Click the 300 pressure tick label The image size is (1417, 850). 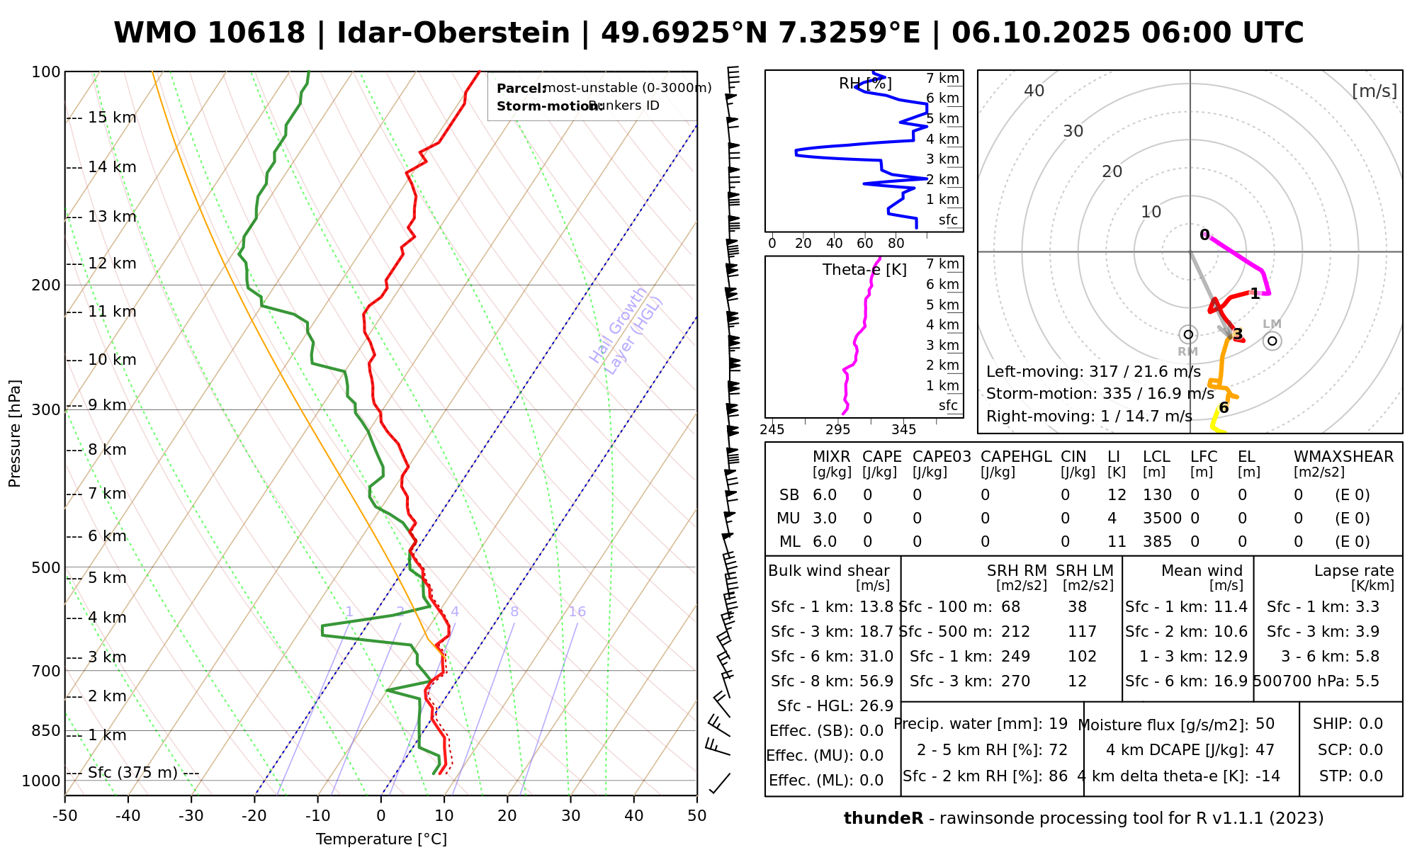coord(47,410)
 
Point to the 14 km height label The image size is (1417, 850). coord(112,167)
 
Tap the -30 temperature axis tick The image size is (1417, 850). coord(191,816)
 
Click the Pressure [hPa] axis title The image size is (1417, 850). coord(15,433)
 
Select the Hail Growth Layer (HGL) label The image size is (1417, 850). coord(626,330)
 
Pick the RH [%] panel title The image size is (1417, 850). coord(865,84)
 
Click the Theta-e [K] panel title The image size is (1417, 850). coord(864,270)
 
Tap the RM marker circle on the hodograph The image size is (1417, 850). coord(1188,334)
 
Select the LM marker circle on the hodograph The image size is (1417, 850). coord(1272,341)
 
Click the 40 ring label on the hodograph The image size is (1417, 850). coord(1034,91)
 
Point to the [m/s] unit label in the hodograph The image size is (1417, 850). coord(1374,91)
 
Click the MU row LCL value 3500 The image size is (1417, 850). coord(1162,518)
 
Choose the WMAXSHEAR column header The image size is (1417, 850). coord(1343,457)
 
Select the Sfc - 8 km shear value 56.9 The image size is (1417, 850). coord(876,681)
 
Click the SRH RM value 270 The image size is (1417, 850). coord(1015,681)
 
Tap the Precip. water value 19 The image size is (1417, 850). coord(1058,724)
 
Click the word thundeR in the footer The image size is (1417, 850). coord(883,819)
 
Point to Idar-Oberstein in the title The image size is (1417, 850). coord(453,33)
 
